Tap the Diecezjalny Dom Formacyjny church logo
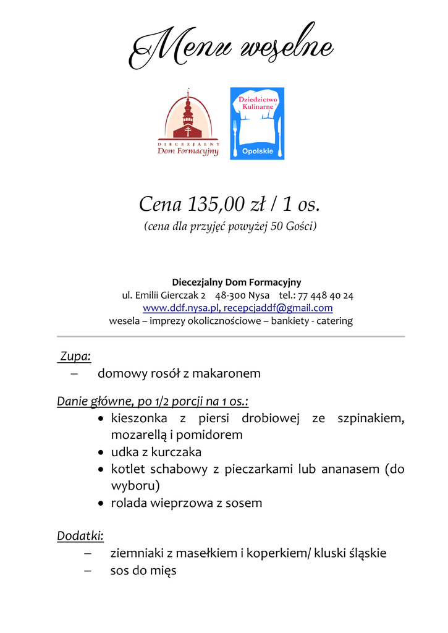pyautogui.click(x=188, y=124)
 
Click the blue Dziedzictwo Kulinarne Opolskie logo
pyautogui.click(x=257, y=124)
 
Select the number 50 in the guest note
pyautogui.click(x=277, y=227)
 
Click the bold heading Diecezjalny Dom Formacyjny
pyautogui.click(x=237, y=283)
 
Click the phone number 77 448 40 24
pyautogui.click(x=326, y=295)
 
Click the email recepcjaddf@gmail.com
pyautogui.click(x=278, y=308)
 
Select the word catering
pyautogui.click(x=334, y=321)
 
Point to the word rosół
pyautogui.click(x=164, y=373)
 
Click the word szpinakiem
pyautogui.click(x=371, y=418)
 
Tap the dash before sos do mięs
pyautogui.click(x=88, y=571)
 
